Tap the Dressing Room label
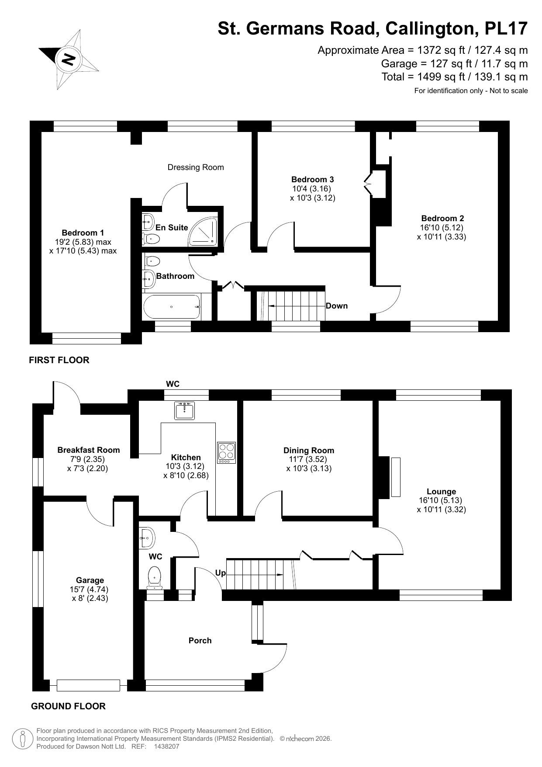pyautogui.click(x=196, y=167)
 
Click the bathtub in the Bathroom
pyautogui.click(x=172, y=307)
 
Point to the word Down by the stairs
pyautogui.click(x=337, y=306)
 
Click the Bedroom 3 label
pyautogui.click(x=312, y=179)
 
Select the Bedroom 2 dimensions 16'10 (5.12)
pyautogui.click(x=442, y=228)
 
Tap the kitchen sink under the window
pyautogui.click(x=184, y=411)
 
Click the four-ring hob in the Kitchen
pyautogui.click(x=227, y=453)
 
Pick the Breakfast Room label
pyautogui.click(x=89, y=450)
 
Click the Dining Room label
pyautogui.click(x=309, y=451)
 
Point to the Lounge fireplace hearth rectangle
pyautogui.click(x=396, y=477)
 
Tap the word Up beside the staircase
pyautogui.click(x=220, y=573)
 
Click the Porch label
pyautogui.click(x=200, y=641)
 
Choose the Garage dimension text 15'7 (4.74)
pyautogui.click(x=90, y=590)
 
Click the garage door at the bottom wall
pyautogui.click(x=88, y=685)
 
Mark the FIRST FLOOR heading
pyautogui.click(x=59, y=360)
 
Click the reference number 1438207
pyautogui.click(x=166, y=747)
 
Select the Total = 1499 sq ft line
pyautogui.click(x=455, y=77)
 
